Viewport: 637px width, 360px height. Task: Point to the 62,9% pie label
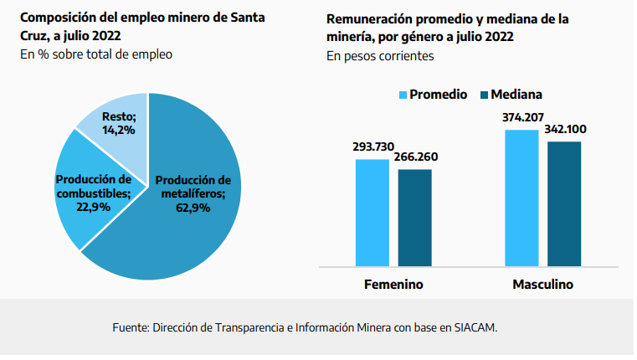coord(193,208)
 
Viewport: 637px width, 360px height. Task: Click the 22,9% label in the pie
coord(93,208)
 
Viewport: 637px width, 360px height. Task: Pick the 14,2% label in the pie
coord(119,130)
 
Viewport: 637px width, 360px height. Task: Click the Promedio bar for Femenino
coord(372,213)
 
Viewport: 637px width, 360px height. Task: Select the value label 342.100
coord(565,129)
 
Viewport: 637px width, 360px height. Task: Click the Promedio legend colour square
coord(402,95)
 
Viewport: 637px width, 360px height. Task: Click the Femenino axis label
coord(393,285)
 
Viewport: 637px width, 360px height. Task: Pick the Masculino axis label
coord(542,285)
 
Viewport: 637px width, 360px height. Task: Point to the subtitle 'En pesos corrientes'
coord(380,57)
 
